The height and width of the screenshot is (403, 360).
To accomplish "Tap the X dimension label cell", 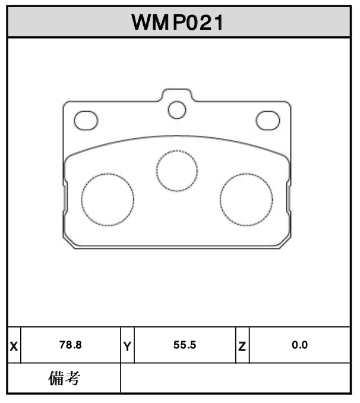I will tap(14, 345).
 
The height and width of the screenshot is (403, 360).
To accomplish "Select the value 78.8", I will tap(70, 345).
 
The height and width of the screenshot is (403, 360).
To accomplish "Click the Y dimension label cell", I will tap(127, 345).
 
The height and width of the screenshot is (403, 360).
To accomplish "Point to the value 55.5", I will tap(185, 345).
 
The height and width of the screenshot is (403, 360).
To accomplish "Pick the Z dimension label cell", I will tap(242, 345).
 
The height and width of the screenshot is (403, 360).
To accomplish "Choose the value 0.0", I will tap(299, 345).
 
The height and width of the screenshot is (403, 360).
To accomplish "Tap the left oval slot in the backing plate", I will tap(86, 120).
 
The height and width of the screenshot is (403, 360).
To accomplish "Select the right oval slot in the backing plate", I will tap(267, 120).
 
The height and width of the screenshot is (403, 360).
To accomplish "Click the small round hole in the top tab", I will tap(176, 110).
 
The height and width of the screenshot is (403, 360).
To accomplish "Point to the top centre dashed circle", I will tap(177, 171).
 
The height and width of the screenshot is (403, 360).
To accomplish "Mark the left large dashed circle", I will tap(108, 200).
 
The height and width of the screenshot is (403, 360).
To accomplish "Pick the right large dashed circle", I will tap(246, 200).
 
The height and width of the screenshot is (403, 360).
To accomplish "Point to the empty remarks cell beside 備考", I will tap(235, 378).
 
